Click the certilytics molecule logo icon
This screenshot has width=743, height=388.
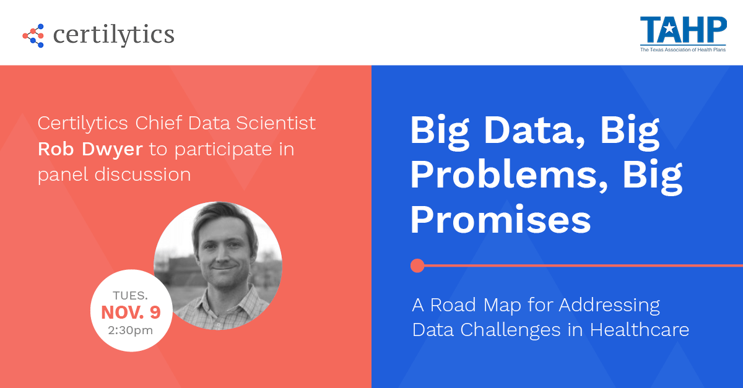pyautogui.click(x=33, y=35)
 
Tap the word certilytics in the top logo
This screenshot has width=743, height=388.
pyautogui.click(x=113, y=35)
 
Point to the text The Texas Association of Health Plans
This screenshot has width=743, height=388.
pyautogui.click(x=683, y=50)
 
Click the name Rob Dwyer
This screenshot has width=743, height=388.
pyautogui.click(x=90, y=149)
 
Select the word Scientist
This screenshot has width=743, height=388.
pyautogui.click(x=276, y=123)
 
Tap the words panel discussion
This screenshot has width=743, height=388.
pyautogui.click(x=115, y=175)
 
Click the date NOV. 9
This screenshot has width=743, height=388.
pyautogui.click(x=131, y=313)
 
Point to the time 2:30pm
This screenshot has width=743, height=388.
pyautogui.click(x=131, y=330)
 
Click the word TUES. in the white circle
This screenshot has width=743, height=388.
pyautogui.click(x=131, y=295)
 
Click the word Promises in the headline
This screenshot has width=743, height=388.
pyautogui.click(x=501, y=220)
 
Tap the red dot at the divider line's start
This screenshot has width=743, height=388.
pyautogui.click(x=417, y=265)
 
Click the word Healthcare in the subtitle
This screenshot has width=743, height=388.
pyautogui.click(x=640, y=330)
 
